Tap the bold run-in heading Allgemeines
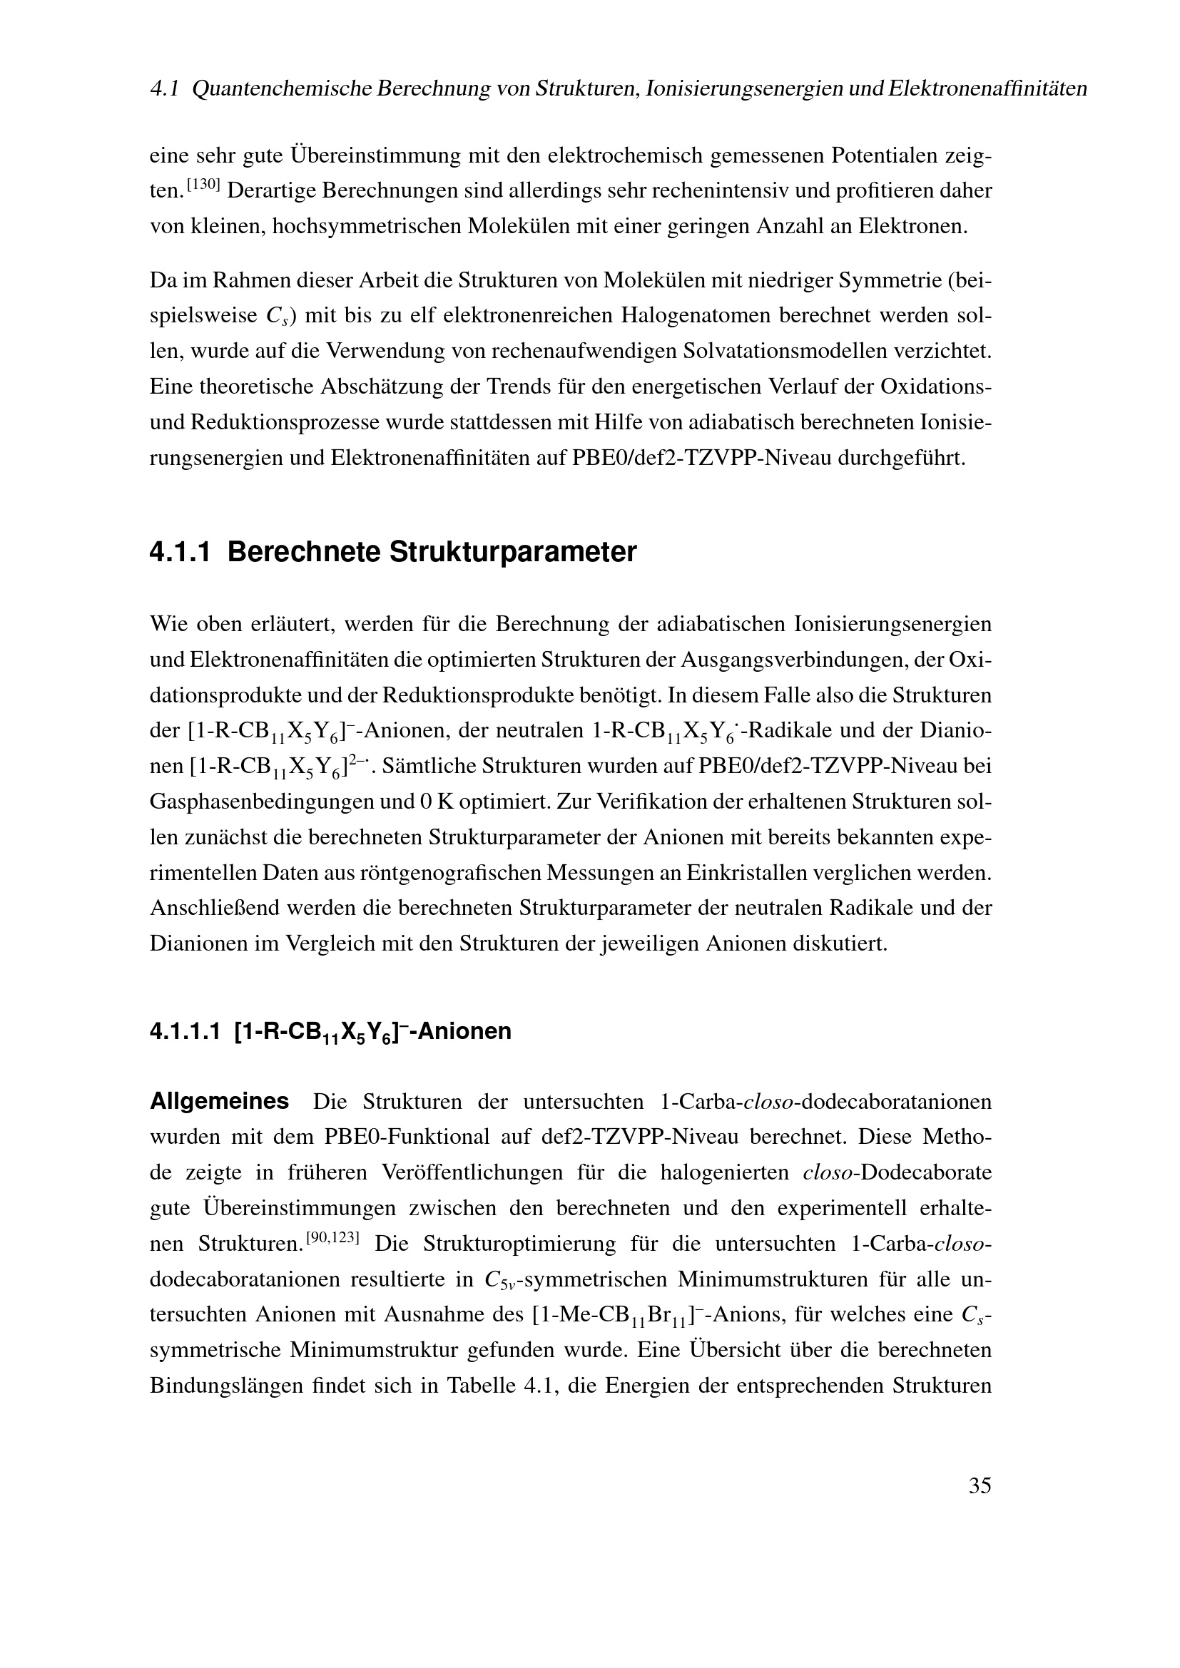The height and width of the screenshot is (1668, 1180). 219,1101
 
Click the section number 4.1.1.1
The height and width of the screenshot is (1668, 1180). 185,1032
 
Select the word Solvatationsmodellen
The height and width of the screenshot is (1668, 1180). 781,352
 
